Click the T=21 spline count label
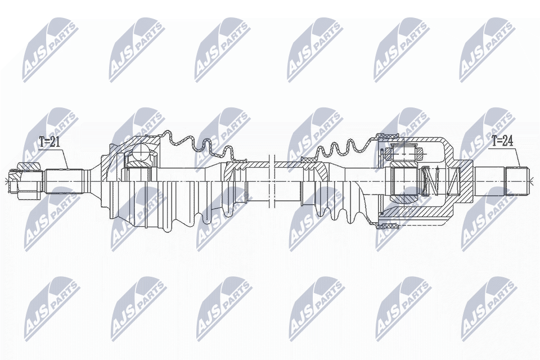click(x=49, y=142)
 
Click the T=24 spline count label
click(x=502, y=142)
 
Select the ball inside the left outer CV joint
click(x=140, y=152)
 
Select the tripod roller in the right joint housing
click(x=405, y=151)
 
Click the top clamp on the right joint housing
click(x=388, y=136)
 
